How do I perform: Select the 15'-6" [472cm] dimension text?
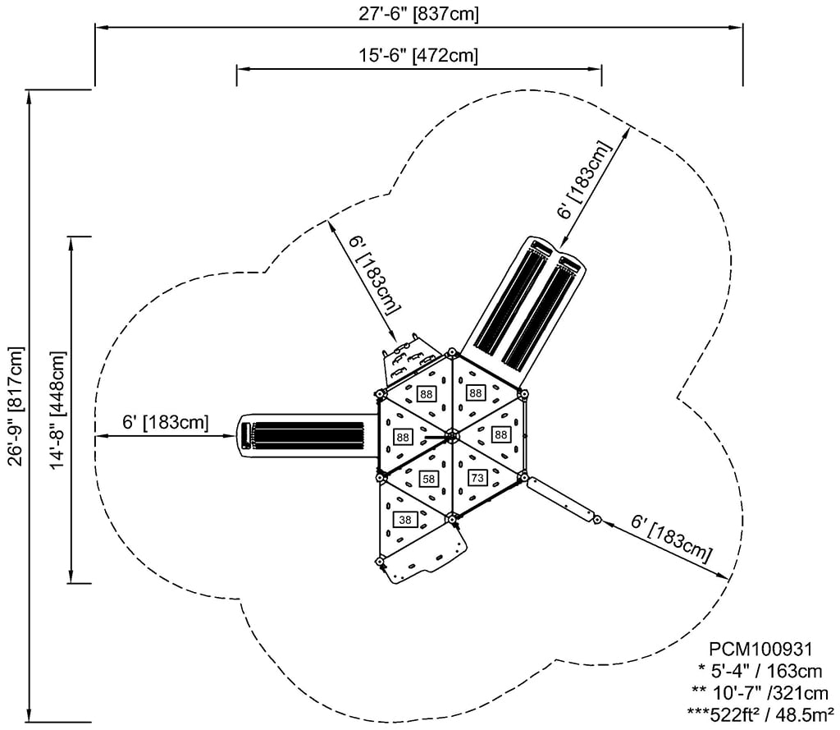tap(418, 55)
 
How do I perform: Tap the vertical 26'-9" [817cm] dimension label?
tap(16, 406)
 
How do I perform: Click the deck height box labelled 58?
tap(427, 478)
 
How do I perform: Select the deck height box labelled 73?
tap(477, 476)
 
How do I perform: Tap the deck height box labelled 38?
tap(405, 520)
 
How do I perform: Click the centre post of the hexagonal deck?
tap(450, 435)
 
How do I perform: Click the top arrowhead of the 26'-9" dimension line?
tap(30, 95)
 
